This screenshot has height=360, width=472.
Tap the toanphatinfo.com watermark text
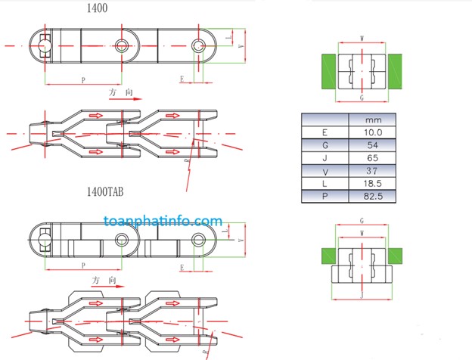pyautogui.click(x=163, y=222)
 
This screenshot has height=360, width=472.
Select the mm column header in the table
pyautogui.click(x=371, y=119)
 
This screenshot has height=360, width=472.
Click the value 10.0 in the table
pyautogui.click(x=371, y=132)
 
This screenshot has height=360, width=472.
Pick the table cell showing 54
pyautogui.click(x=371, y=145)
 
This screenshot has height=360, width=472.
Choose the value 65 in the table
pyautogui.click(x=371, y=158)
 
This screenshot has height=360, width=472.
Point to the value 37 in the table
pyautogui.click(x=371, y=171)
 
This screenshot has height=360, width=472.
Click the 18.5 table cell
pyautogui.click(x=371, y=184)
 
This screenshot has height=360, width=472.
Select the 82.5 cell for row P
pyautogui.click(x=371, y=197)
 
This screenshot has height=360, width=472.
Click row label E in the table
pyautogui.click(x=324, y=132)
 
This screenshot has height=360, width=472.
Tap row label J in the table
pyautogui.click(x=324, y=158)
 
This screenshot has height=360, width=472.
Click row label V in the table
pyautogui.click(x=324, y=171)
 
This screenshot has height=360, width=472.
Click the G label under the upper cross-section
pyautogui.click(x=362, y=98)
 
